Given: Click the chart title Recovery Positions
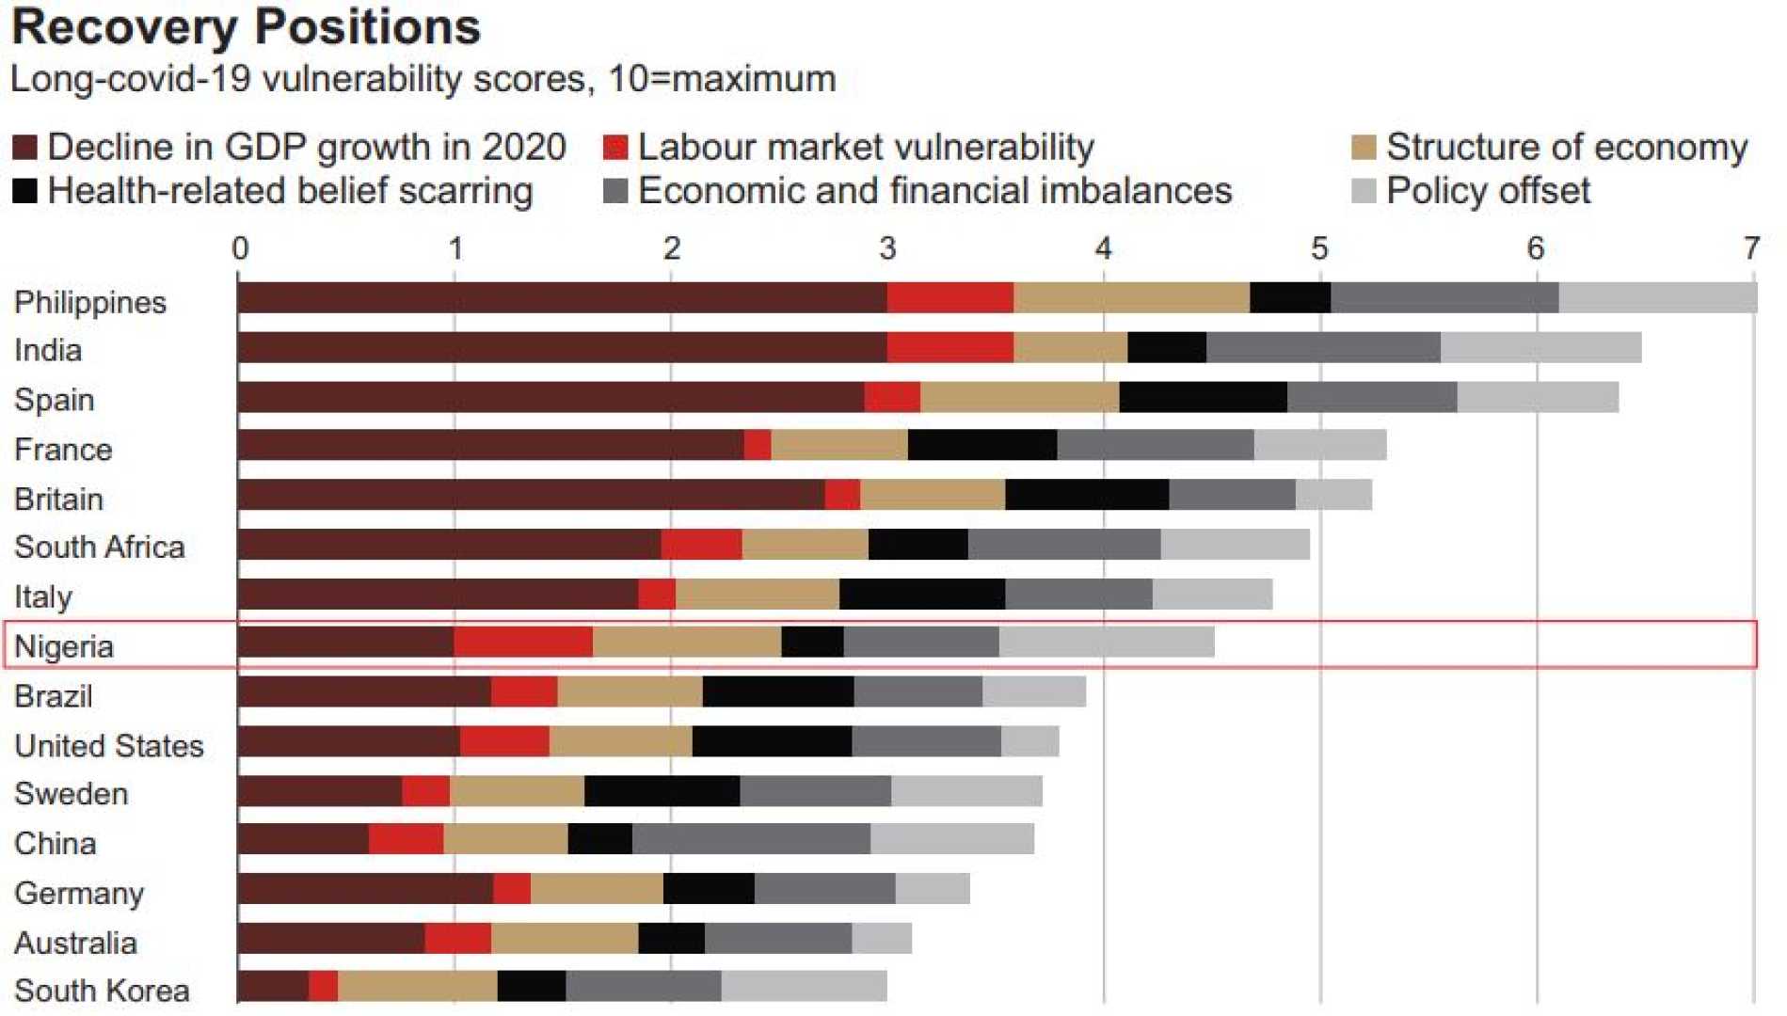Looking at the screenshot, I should click(x=247, y=26).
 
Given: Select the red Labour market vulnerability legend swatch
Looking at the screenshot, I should click(x=615, y=148).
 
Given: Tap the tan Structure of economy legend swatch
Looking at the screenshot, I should click(x=1364, y=148).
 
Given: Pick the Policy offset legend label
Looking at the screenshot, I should click(x=1488, y=191).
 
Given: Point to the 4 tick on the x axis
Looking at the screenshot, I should click(x=1103, y=248).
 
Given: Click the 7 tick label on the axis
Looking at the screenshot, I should click(x=1750, y=248).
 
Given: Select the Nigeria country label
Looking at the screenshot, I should click(x=64, y=646).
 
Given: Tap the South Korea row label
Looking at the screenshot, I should click(x=102, y=991).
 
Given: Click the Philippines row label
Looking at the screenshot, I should click(x=90, y=302).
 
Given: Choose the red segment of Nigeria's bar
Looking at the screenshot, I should click(x=523, y=642).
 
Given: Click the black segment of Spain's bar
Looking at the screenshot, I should click(x=1203, y=397).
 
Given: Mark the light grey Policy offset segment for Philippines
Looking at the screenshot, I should click(x=1657, y=297).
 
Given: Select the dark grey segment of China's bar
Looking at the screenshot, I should click(x=751, y=839).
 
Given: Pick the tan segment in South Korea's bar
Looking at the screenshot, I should click(x=418, y=986).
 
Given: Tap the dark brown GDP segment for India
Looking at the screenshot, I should click(x=562, y=347).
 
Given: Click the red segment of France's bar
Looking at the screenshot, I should click(x=758, y=445).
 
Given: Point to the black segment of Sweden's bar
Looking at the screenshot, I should click(x=662, y=791).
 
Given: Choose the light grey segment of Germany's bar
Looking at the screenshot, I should click(x=932, y=888).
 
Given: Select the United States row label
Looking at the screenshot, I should click(x=109, y=746).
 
